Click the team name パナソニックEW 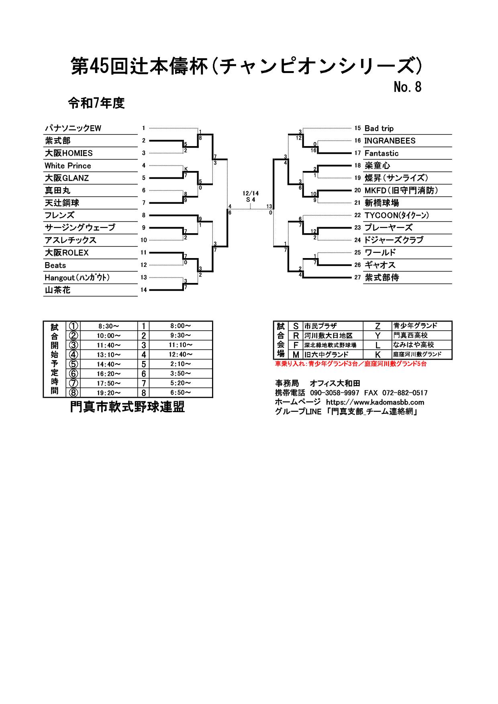click(x=73, y=128)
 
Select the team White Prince click(x=68, y=166)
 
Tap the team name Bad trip click(x=379, y=128)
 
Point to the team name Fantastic click(x=381, y=153)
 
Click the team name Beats click(x=55, y=265)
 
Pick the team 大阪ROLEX click(x=67, y=253)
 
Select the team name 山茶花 click(x=57, y=290)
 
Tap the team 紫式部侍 click(x=382, y=278)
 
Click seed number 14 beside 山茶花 click(x=144, y=290)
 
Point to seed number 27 click(x=357, y=277)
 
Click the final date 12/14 click(x=251, y=193)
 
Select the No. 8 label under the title click(x=408, y=87)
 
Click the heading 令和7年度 click(x=96, y=103)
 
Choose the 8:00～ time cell click(x=180, y=326)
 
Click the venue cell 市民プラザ click(x=320, y=326)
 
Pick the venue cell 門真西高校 click(x=410, y=335)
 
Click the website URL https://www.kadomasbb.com click(x=375, y=402)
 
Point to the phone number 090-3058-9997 click(x=335, y=393)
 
